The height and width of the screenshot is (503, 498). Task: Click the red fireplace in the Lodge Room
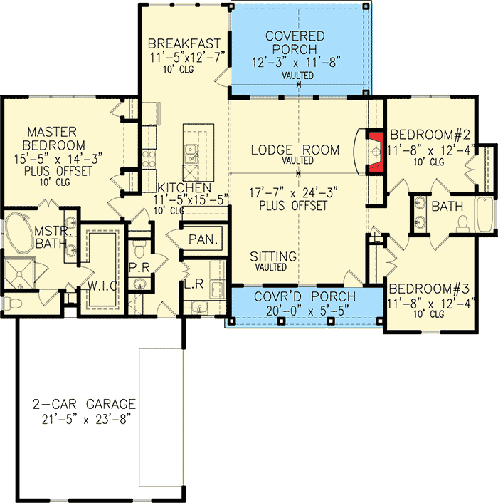click(x=375, y=151)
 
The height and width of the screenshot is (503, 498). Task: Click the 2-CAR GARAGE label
click(x=84, y=404)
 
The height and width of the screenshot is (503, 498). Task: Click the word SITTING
click(x=273, y=256)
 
